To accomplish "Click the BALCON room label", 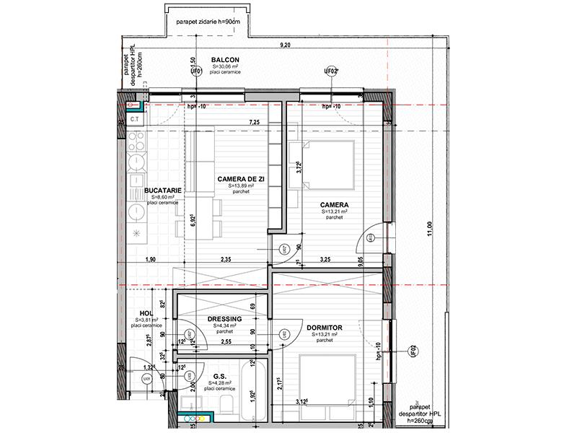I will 225,59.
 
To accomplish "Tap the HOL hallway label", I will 146,312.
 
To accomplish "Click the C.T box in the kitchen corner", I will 135,118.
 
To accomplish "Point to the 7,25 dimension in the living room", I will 254,123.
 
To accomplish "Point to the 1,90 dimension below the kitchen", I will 150,259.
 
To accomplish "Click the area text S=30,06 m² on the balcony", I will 225,67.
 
